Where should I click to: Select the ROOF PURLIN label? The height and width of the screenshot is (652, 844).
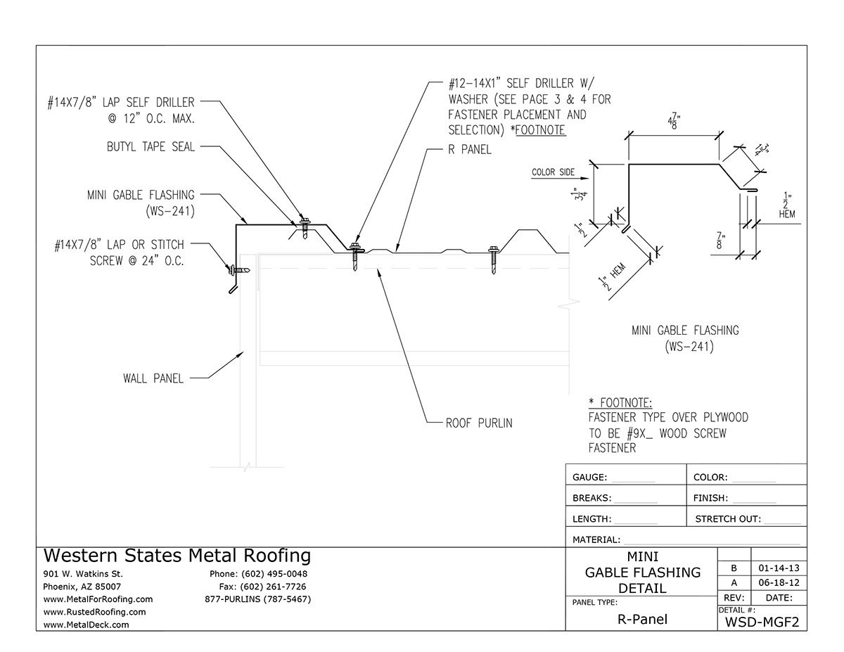tap(479, 423)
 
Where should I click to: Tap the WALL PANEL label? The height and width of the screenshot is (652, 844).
tap(153, 378)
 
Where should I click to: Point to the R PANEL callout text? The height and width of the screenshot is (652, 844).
tap(470, 150)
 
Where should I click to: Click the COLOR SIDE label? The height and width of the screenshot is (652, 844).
tap(553, 172)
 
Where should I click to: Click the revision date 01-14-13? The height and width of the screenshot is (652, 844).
tap(779, 568)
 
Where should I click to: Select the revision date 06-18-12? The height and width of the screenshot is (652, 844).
tap(779, 582)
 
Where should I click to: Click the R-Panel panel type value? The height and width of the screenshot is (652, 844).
tap(641, 620)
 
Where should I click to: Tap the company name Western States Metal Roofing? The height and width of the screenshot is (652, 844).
tap(177, 556)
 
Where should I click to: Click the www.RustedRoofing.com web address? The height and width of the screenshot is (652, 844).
tap(95, 612)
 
